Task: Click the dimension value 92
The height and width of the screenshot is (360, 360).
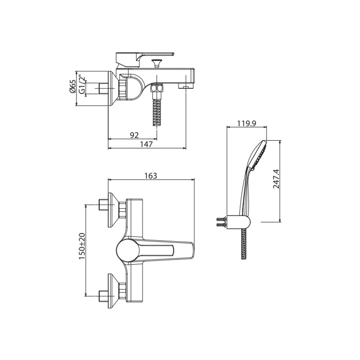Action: (134, 135)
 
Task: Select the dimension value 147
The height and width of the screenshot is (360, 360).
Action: (146, 144)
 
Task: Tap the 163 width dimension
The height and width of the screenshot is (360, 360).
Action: (151, 176)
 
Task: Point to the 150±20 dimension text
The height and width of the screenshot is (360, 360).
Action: (82, 246)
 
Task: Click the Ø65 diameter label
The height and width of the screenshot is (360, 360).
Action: (73, 87)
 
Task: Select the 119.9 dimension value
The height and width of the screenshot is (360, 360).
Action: (247, 123)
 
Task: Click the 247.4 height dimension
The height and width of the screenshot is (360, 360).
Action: (276, 179)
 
